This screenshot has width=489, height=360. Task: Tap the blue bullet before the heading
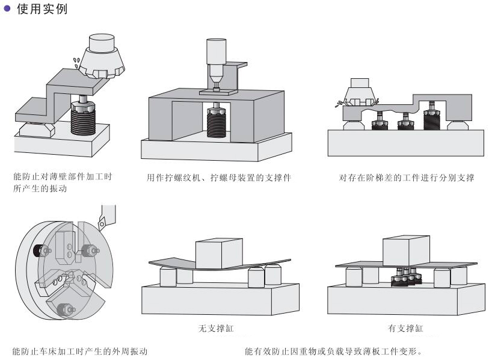7,9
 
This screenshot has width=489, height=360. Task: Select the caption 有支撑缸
405,329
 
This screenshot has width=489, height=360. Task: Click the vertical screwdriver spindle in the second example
215,60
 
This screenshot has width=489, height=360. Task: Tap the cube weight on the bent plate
218,253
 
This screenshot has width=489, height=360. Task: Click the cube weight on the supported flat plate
406,250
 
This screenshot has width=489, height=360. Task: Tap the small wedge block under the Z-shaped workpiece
34,128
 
